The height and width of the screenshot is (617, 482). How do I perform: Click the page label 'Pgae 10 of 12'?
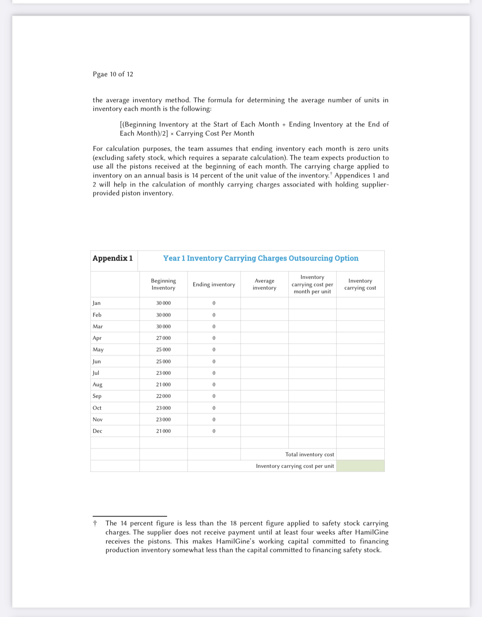113,74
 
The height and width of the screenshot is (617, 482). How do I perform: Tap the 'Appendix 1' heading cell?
112,258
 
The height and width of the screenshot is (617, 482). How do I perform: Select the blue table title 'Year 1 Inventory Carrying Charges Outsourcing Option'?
261,258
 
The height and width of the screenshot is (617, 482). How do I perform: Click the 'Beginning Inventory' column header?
163,284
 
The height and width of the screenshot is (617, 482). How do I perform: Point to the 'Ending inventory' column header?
214,284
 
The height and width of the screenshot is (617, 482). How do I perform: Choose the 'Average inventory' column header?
264,284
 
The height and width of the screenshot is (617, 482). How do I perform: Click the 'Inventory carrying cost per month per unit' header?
312,284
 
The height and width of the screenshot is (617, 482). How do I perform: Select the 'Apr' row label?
97,338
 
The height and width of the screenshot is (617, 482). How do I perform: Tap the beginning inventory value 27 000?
163,338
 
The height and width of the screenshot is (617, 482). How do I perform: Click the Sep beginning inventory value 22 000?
163,396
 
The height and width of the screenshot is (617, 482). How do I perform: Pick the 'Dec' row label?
98,431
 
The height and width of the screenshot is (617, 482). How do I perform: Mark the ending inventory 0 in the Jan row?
214,303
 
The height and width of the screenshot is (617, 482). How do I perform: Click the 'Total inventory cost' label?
310,454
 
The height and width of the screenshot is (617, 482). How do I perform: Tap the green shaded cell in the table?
360,466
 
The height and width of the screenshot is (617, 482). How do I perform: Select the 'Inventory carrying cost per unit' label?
295,466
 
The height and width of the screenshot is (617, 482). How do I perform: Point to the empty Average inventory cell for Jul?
264,373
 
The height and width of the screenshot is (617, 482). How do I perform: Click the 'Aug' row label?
98,384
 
